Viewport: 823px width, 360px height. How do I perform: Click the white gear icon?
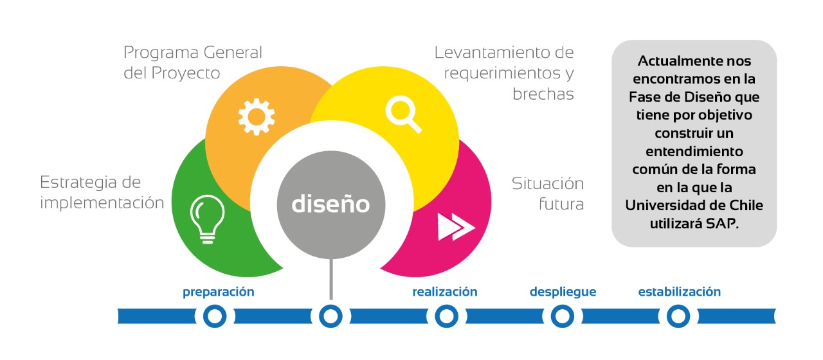click(x=256, y=116)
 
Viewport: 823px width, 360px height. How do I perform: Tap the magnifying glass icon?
click(x=403, y=113)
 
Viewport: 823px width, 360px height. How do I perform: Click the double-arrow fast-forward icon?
click(x=456, y=226)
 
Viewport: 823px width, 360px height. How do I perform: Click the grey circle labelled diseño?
click(x=331, y=204)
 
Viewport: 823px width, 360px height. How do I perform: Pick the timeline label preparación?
click(x=219, y=292)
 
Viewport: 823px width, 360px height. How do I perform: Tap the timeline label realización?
click(x=445, y=292)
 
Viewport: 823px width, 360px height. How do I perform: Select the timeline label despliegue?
click(x=563, y=292)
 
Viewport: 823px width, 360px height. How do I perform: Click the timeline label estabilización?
click(x=679, y=292)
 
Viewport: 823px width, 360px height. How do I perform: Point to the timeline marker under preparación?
click(x=215, y=316)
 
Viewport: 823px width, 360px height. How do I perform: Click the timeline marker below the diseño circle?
click(x=330, y=316)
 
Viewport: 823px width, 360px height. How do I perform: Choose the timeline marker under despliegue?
click(x=563, y=316)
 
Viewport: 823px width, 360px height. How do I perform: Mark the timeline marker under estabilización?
click(x=678, y=316)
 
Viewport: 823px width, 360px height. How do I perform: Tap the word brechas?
click(x=543, y=94)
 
